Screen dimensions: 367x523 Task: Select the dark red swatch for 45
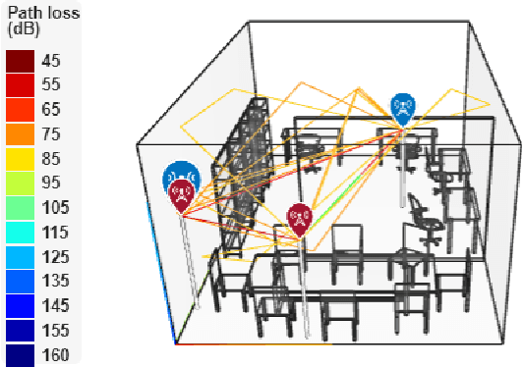point(21,61)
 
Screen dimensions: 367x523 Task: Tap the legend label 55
point(51,85)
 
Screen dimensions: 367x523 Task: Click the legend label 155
point(55,331)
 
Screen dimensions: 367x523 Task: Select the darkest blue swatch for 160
point(21,353)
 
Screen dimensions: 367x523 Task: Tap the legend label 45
point(51,61)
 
